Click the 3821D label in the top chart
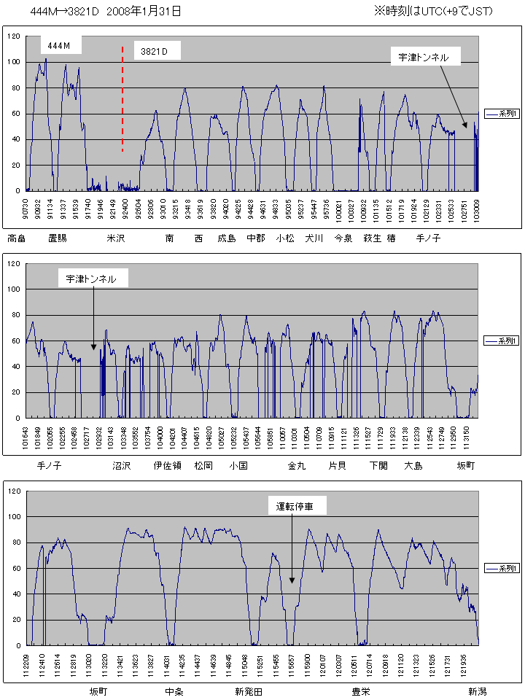point(155,51)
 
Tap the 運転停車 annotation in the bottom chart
point(295,505)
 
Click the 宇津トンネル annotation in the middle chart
point(91,279)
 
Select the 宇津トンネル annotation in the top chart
point(424,56)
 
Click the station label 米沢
point(116,238)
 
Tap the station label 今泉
point(343,238)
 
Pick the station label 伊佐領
point(167,465)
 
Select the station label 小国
point(238,465)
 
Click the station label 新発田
point(249,691)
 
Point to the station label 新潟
point(478,691)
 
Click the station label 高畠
point(17,238)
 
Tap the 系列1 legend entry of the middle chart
point(502,341)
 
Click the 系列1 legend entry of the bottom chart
point(502,568)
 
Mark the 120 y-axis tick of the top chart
point(15,36)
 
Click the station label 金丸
point(297,465)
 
